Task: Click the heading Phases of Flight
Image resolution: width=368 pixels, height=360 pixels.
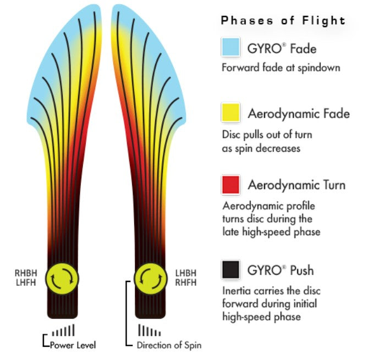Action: pos(283,21)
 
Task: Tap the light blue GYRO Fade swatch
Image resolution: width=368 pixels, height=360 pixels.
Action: pos(231,47)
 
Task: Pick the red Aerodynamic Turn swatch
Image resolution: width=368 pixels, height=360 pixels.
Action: pos(231,184)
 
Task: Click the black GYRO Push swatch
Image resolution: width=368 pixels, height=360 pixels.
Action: pos(231,270)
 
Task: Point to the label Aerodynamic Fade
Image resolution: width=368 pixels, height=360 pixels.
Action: pos(299,114)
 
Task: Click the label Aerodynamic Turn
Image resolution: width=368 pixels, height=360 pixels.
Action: pos(296,185)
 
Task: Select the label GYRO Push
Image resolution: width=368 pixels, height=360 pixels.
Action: pos(281,270)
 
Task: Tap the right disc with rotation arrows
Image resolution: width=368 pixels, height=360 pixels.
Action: pos(151,277)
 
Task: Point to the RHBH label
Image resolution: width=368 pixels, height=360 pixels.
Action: pos(25,272)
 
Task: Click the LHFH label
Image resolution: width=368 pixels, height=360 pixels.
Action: pos(25,282)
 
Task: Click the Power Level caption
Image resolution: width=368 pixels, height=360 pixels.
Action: pos(73,345)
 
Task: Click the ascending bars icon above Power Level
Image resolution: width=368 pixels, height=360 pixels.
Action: pos(63,331)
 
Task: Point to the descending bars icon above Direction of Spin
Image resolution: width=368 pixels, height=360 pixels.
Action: pos(150,331)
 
